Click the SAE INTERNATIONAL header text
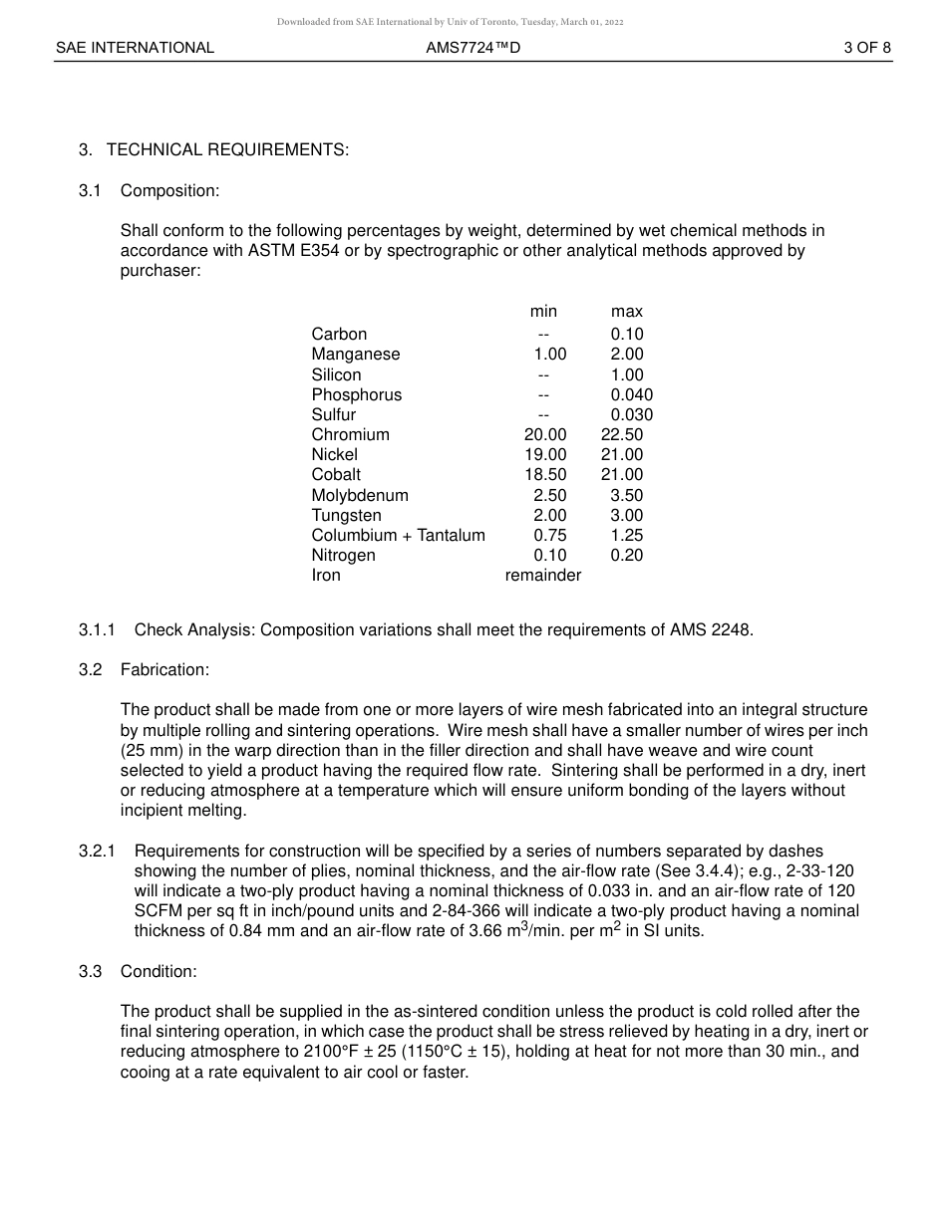[x=135, y=47]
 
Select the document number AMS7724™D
[x=473, y=47]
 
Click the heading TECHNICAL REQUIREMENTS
[x=227, y=149]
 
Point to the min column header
[x=543, y=312]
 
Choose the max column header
[x=627, y=312]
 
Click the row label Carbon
[x=339, y=334]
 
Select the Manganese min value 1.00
[x=549, y=354]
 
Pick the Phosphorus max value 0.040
[x=631, y=394]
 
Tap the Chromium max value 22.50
[x=622, y=434]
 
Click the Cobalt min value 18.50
[x=545, y=474]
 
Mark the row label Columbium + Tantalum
[x=398, y=535]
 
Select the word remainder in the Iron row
[x=543, y=575]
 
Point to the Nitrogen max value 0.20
[x=627, y=555]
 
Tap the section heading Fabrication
[x=164, y=669]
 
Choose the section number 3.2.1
[x=98, y=851]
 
